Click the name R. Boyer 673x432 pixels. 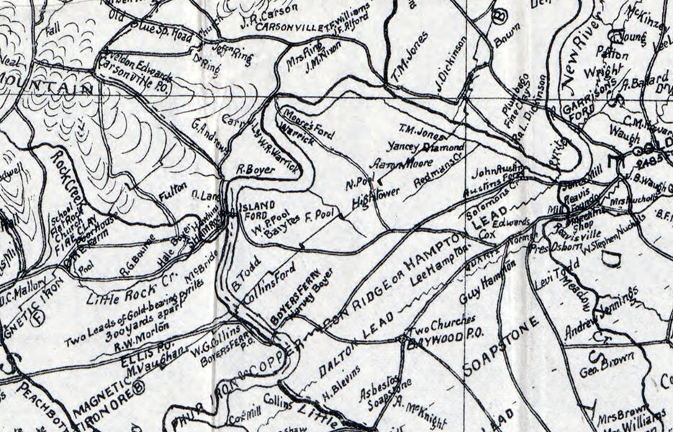tap(253, 170)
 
